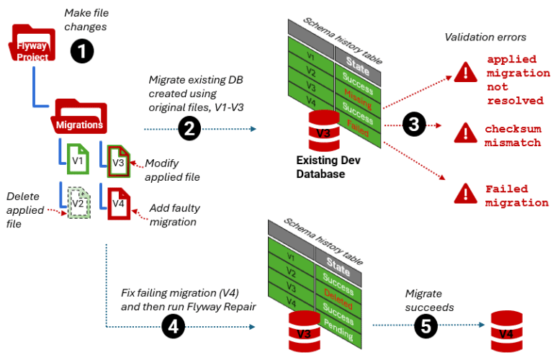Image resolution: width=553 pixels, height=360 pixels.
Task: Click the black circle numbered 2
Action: [189, 129]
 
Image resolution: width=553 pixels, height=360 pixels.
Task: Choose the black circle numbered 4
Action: [172, 327]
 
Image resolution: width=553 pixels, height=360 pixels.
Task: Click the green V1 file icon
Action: [76, 161]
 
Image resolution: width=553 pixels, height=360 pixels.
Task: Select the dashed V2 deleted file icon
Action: [76, 203]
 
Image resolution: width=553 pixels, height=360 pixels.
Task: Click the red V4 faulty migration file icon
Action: [119, 203]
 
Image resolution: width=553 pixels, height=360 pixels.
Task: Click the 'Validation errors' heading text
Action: [485, 37]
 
